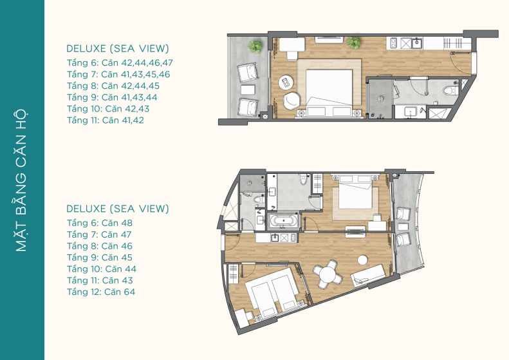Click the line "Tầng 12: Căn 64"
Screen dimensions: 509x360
(101, 292)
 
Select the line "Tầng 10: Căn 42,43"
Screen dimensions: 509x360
(108, 109)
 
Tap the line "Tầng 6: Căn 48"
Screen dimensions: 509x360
(100, 223)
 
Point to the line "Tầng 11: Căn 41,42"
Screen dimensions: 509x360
(106, 120)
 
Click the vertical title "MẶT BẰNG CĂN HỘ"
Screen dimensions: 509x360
(21, 180)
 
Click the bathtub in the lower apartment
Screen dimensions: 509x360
(284, 222)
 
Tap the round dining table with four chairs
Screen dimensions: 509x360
(328, 274)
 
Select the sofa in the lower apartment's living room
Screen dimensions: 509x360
(368, 276)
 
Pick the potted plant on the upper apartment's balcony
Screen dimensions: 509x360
(255, 46)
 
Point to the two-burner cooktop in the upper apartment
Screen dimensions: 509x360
(393, 43)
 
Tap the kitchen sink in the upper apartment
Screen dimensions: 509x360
(416, 43)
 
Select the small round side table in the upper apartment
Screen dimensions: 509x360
(286, 82)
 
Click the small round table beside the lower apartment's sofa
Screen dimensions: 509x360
(362, 260)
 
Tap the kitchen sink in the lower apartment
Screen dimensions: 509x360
(275, 238)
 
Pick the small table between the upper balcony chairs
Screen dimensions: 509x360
(248, 90)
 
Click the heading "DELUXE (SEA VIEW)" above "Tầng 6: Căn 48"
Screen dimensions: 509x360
(118, 209)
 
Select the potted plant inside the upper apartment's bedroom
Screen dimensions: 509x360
(353, 43)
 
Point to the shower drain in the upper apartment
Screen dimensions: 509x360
(380, 99)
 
